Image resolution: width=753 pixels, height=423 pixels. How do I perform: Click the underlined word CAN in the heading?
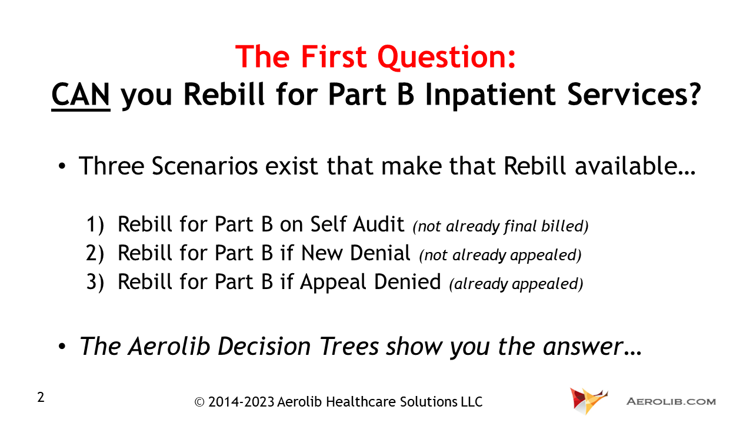(81, 95)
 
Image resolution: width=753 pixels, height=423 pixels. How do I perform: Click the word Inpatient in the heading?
(490, 95)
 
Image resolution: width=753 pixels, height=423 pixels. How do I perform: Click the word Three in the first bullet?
(111, 166)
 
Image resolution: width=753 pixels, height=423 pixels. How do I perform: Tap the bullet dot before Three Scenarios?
(62, 166)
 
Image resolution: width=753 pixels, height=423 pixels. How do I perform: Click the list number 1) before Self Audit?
(95, 224)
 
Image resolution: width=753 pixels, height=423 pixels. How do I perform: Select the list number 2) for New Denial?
(95, 253)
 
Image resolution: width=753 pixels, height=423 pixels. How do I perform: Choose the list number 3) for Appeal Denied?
(95, 281)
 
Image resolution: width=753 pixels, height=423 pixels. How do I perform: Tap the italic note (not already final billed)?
(501, 226)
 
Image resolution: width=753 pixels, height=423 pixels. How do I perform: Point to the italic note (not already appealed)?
(500, 255)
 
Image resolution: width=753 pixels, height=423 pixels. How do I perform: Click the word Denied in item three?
(408, 281)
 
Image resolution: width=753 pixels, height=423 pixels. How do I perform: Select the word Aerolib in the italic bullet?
(169, 346)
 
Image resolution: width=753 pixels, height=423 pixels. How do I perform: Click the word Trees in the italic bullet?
(349, 346)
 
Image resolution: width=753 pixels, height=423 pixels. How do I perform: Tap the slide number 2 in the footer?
(41, 398)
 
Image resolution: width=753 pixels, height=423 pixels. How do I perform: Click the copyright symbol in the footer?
(199, 402)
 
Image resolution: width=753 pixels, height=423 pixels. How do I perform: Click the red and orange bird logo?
(588, 401)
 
